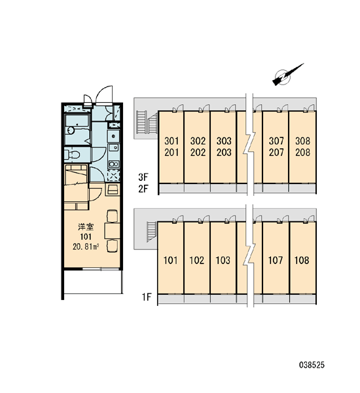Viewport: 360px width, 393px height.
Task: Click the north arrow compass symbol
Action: (x=285, y=75)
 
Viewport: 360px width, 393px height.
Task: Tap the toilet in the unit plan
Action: (x=72, y=155)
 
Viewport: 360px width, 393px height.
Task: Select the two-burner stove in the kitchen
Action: (x=114, y=164)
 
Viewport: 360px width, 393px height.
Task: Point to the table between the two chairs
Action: (x=112, y=231)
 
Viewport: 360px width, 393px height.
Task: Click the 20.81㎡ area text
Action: (x=86, y=247)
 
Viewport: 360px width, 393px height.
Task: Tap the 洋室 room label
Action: (x=86, y=227)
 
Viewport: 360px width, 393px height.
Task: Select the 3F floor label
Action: (x=143, y=178)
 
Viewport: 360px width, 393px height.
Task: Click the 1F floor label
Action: (x=147, y=297)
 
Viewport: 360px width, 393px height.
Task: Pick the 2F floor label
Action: (x=143, y=189)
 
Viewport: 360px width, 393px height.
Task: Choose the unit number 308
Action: (x=302, y=141)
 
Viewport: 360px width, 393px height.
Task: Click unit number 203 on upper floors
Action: (x=224, y=152)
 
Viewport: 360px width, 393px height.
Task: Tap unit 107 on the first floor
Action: (x=276, y=261)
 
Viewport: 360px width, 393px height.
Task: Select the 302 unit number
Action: (x=198, y=141)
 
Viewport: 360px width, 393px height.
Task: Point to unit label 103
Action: (x=223, y=261)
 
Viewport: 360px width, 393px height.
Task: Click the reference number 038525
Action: (x=312, y=365)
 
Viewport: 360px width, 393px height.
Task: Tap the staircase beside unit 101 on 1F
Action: (x=152, y=232)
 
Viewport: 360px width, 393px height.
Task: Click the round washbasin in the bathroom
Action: (x=71, y=130)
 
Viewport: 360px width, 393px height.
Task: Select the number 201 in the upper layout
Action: (x=171, y=152)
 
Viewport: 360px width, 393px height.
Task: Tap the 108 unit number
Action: (x=302, y=261)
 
